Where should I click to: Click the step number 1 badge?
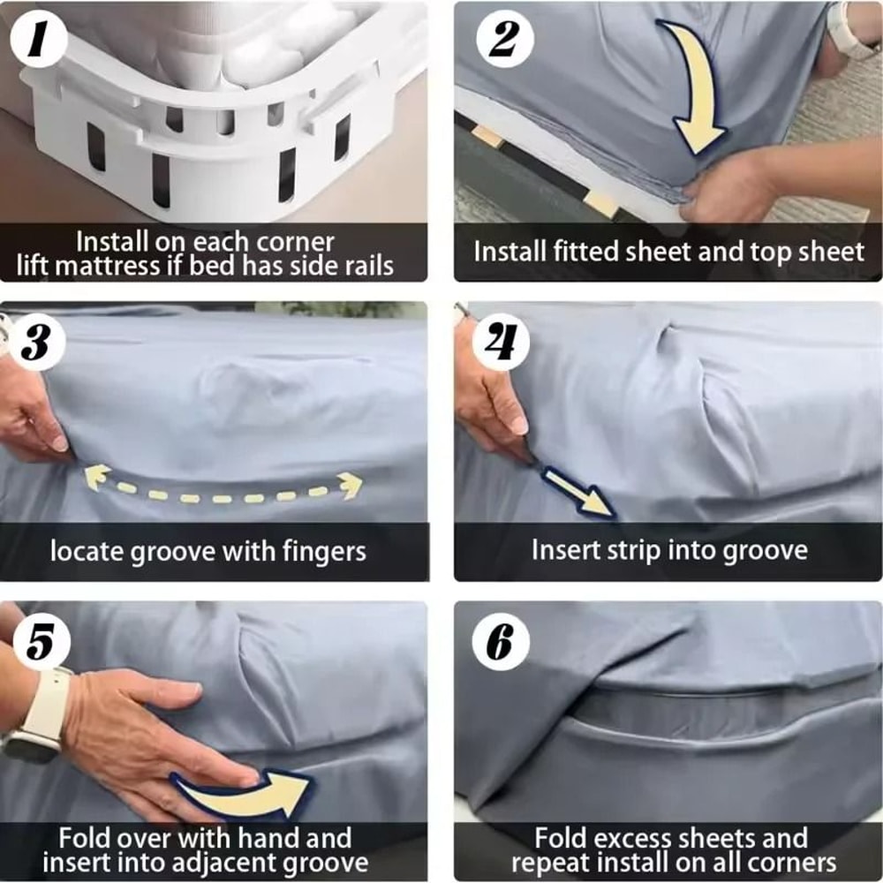pos(38,40)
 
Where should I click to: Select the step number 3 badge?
pos(37,342)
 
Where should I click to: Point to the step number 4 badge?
pos(501,342)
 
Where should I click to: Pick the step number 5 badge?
pos(42,642)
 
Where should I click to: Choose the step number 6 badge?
pos(501,642)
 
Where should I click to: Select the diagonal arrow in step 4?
pos(577,493)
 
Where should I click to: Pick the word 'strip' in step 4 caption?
pos(634,551)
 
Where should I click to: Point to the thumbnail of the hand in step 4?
pos(520,426)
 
